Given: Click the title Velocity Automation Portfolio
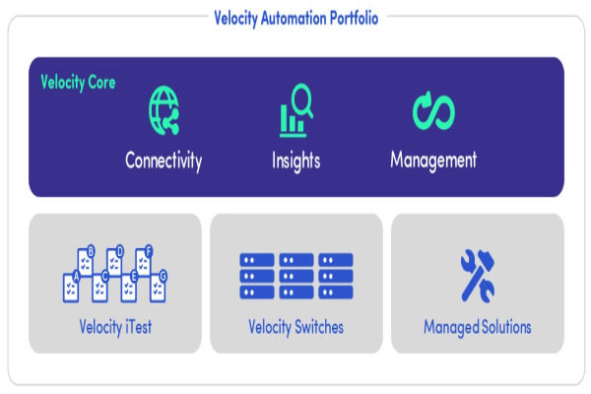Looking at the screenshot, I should pos(295,17).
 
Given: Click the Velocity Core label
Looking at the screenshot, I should pos(78,83).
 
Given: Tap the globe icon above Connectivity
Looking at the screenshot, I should pos(164,109).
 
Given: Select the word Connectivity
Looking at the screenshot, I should pos(164,160).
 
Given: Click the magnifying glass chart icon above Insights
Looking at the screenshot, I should pos(295,109).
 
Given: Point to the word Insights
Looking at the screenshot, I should pos(295,160).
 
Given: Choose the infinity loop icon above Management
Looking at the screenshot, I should pos(433,111).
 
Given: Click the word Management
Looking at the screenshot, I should pos(433,160).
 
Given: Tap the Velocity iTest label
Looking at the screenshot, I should pos(115,326).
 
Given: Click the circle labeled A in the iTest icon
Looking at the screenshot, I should pos(77,277).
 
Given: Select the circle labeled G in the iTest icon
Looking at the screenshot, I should pos(164,276).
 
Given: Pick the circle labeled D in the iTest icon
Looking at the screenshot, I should pos(120,251).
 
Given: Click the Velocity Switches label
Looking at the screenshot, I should pos(296,326).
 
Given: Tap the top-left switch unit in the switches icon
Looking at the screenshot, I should pos(257,261).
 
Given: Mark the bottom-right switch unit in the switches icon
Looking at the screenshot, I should pos(335,292).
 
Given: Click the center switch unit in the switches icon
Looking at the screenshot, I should pos(296,277).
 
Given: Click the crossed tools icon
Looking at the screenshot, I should pos(478,275).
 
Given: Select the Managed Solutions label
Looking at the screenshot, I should pos(478,326).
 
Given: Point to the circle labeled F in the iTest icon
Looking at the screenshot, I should pos(149,250).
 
